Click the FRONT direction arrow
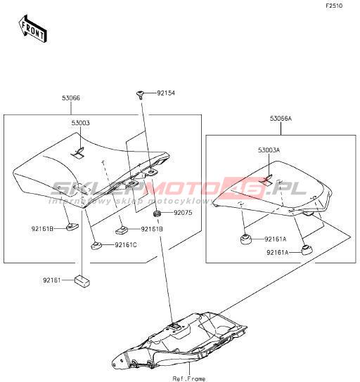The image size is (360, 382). pyautogui.click(x=32, y=29)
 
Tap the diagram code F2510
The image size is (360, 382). pyautogui.click(x=334, y=6)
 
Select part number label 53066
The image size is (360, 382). pyautogui.click(x=71, y=98)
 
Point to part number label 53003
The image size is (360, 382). pyautogui.click(x=80, y=123)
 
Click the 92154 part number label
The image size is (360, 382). pyautogui.click(x=166, y=93)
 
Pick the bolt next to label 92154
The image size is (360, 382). pyautogui.click(x=140, y=95)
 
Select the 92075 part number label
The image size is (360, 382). pyautogui.click(x=183, y=213)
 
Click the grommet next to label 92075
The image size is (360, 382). pyautogui.click(x=156, y=213)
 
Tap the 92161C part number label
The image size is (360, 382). pyautogui.click(x=126, y=245)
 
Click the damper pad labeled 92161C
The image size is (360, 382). pyautogui.click(x=97, y=246)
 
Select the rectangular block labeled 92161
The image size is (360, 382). pyautogui.click(x=82, y=280)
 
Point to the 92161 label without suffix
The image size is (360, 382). pyautogui.click(x=52, y=280)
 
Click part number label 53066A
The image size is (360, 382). pyautogui.click(x=281, y=119)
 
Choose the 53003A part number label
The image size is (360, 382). pyautogui.click(x=269, y=150)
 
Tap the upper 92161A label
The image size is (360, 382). pyautogui.click(x=276, y=239)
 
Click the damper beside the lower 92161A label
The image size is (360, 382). pyautogui.click(x=307, y=251)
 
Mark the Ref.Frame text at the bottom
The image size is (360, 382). pyautogui.click(x=189, y=378)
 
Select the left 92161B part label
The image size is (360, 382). pyautogui.click(x=42, y=229)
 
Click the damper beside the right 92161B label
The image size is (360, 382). pyautogui.click(x=122, y=230)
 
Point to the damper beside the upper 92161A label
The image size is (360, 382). pyautogui.click(x=246, y=239)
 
